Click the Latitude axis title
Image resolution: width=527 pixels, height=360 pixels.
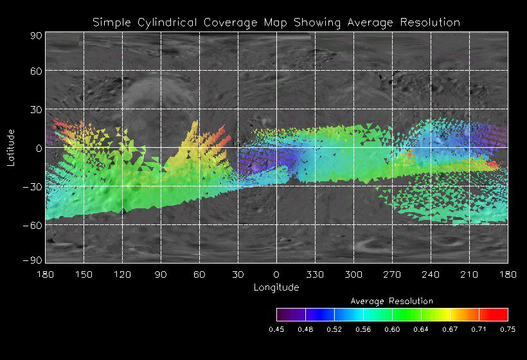(11, 148)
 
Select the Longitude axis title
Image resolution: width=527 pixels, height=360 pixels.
(276, 287)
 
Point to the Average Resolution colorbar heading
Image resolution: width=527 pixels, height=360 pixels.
(392, 301)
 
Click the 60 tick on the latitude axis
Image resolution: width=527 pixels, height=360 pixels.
(35, 71)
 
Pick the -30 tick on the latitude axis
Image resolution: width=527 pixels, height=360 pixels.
(32, 186)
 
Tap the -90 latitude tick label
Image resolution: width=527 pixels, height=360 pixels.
(32, 259)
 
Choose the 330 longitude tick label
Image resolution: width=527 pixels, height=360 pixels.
(315, 274)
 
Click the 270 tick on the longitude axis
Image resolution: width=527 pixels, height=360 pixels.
(392, 274)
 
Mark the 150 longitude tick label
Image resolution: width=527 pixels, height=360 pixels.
(84, 274)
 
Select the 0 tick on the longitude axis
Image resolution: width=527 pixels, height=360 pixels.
(276, 274)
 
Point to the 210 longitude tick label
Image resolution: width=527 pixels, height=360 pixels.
(469, 274)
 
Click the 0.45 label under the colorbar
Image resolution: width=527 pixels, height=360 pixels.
(276, 329)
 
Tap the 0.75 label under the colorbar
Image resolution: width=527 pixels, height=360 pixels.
(508, 329)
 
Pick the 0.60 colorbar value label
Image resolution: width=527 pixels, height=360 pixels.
(392, 329)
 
